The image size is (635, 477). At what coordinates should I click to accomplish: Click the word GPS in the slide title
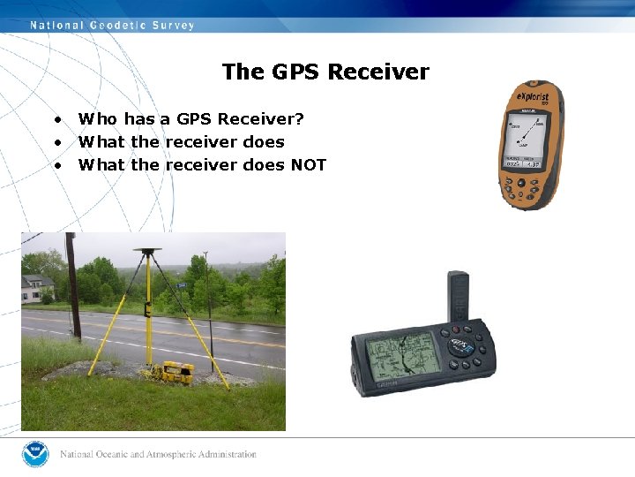[301, 72]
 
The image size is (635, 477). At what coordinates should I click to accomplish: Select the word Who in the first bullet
[97, 119]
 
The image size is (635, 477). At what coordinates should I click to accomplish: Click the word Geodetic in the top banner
[122, 26]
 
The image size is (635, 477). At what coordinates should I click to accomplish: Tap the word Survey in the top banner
[173, 26]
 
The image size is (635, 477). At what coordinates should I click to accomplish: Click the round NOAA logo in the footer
[35, 454]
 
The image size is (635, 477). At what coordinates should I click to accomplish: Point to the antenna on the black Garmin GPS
[459, 299]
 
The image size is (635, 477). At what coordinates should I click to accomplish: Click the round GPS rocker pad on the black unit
[461, 346]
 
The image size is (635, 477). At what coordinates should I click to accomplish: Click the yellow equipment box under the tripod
[171, 370]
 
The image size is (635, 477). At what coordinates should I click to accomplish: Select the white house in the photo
[37, 288]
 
